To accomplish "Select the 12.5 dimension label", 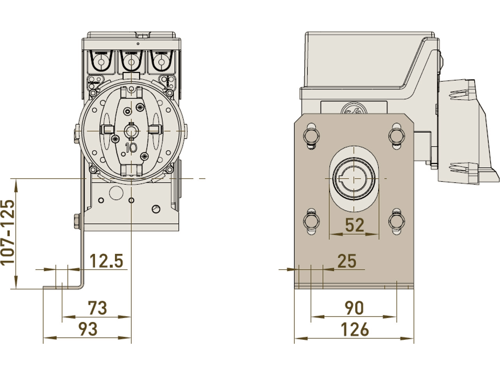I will [106, 261].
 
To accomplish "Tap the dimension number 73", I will [97, 308].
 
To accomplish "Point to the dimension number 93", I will [88, 329].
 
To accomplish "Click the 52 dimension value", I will [354, 225].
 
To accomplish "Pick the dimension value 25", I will [347, 261].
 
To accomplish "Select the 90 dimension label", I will [354, 308].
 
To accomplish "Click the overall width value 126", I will [355, 329].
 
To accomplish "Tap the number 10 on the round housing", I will [131, 147].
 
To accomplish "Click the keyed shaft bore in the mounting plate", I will [354, 179].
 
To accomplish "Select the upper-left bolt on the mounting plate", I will [311, 135].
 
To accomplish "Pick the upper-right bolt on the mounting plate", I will [396, 135].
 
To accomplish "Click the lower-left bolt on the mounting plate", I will [311, 221].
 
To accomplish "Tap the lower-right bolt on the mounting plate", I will [396, 221].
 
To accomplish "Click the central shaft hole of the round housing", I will [131, 130].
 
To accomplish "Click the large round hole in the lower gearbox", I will [116, 192].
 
